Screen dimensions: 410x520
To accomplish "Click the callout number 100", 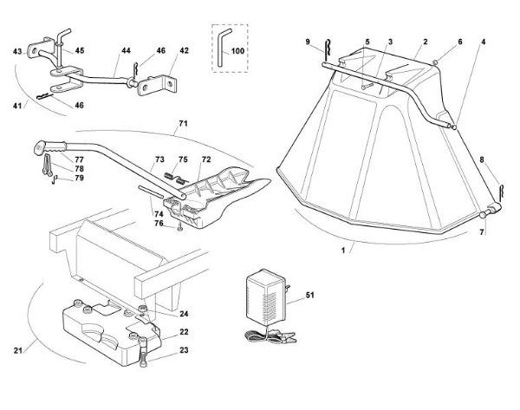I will [x=237, y=53].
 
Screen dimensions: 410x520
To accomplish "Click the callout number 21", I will [x=18, y=350].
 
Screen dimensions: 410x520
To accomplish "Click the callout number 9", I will [x=308, y=42].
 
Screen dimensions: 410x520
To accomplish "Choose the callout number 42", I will [x=184, y=51].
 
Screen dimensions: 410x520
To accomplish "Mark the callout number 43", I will [x=16, y=53].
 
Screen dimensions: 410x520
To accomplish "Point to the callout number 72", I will [x=205, y=160].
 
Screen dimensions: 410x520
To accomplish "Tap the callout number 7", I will [x=483, y=232].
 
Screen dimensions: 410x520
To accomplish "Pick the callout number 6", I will [x=459, y=42].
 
